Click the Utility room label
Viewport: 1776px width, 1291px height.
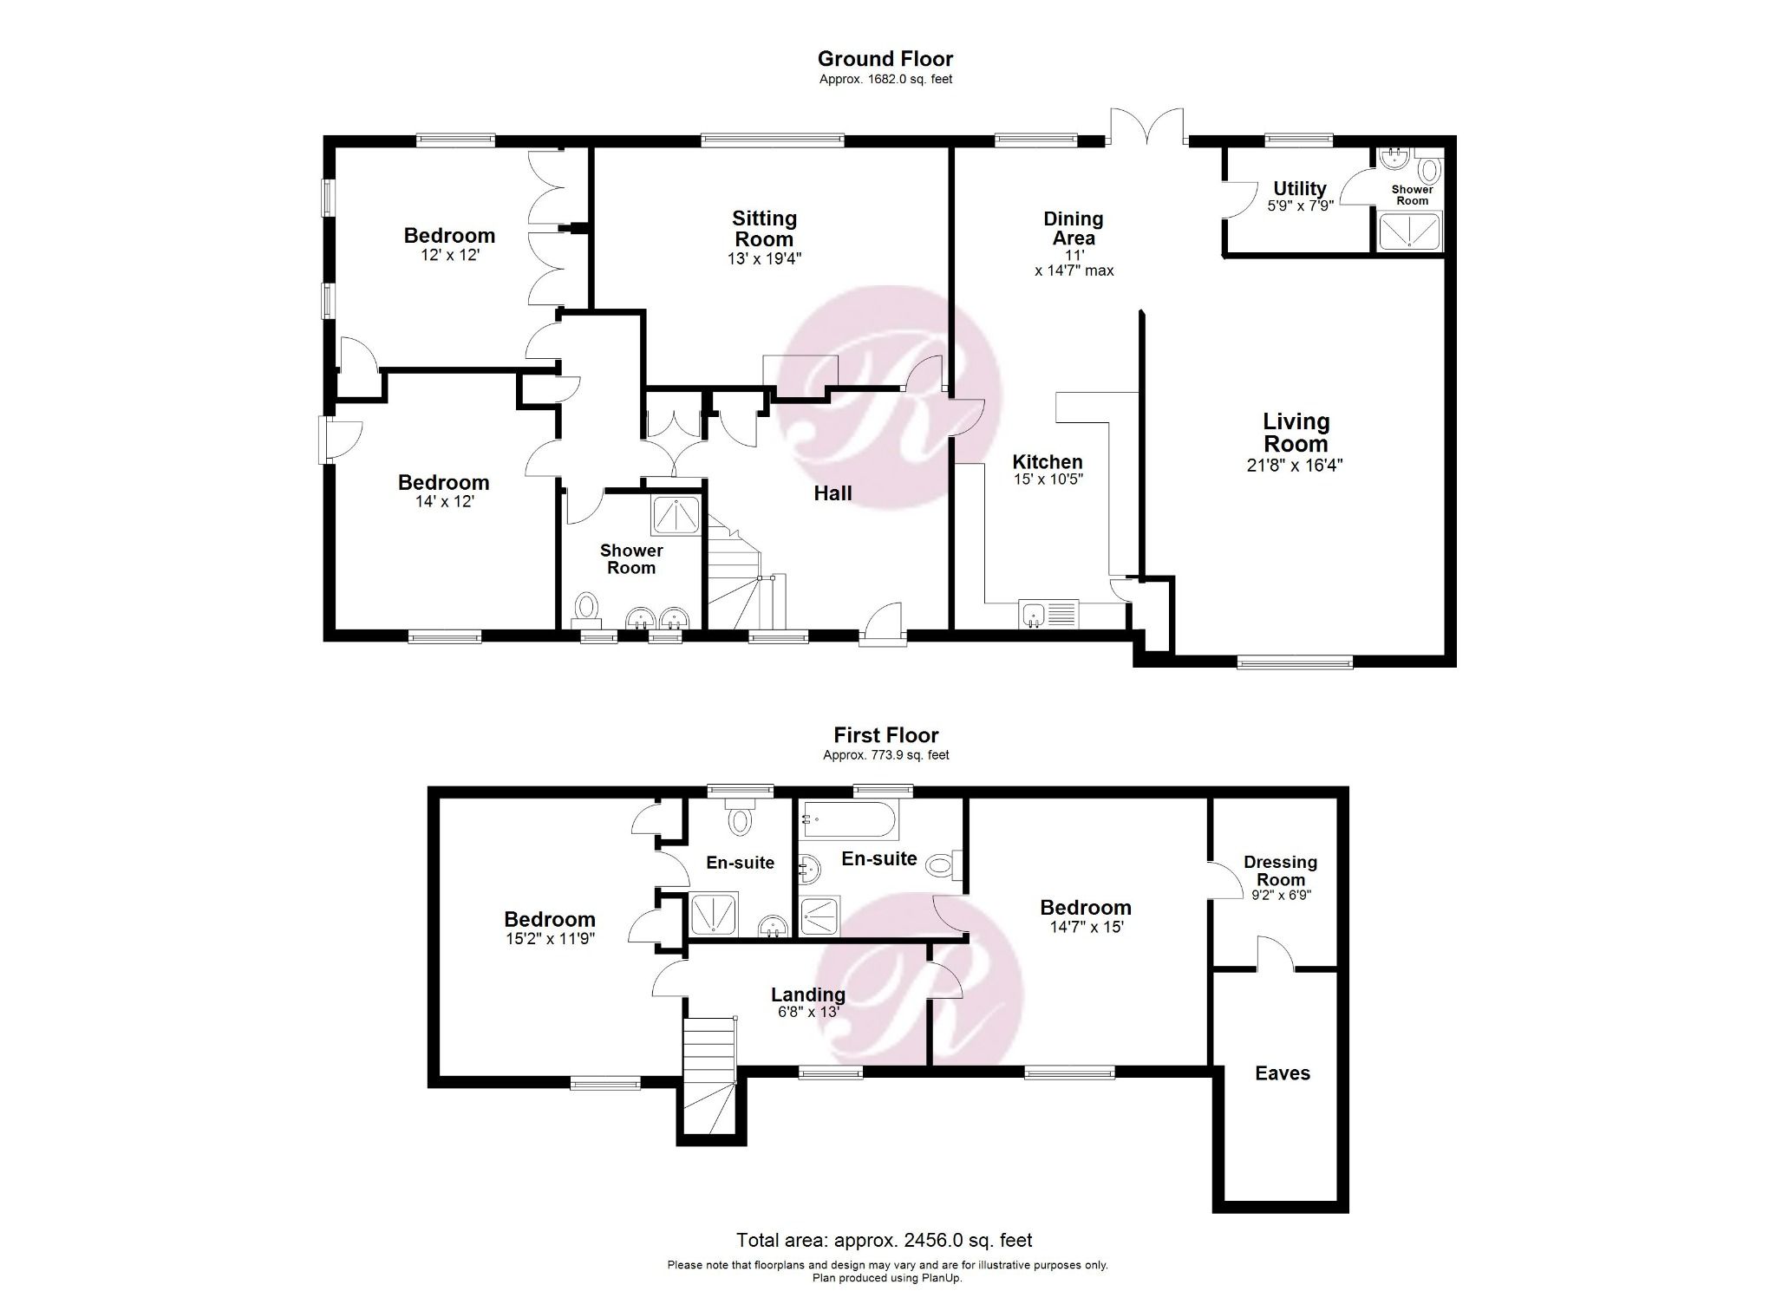pyautogui.click(x=1299, y=188)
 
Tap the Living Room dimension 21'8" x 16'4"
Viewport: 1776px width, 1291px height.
pyautogui.click(x=1295, y=466)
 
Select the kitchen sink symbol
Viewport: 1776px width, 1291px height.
pyautogui.click(x=1048, y=614)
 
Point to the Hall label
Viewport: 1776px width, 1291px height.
pyautogui.click(x=832, y=493)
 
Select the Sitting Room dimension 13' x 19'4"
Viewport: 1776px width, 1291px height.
pyautogui.click(x=763, y=258)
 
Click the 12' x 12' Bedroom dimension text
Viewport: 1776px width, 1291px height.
pyautogui.click(x=450, y=256)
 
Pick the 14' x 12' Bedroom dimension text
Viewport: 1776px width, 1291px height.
pyautogui.click(x=444, y=501)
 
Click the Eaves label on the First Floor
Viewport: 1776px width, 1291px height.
pyautogui.click(x=1283, y=1073)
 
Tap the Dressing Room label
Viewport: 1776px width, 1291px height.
pyautogui.click(x=1280, y=870)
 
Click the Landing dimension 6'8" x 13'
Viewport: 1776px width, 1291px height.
pyautogui.click(x=807, y=1012)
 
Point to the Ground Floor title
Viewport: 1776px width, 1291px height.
pyautogui.click(x=885, y=59)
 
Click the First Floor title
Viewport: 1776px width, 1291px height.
pyautogui.click(x=885, y=735)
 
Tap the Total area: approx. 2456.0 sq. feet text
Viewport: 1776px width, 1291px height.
pyautogui.click(x=885, y=1241)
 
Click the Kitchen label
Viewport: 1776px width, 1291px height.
pyautogui.click(x=1048, y=462)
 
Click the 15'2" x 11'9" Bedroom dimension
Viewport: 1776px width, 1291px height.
pyautogui.click(x=550, y=938)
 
